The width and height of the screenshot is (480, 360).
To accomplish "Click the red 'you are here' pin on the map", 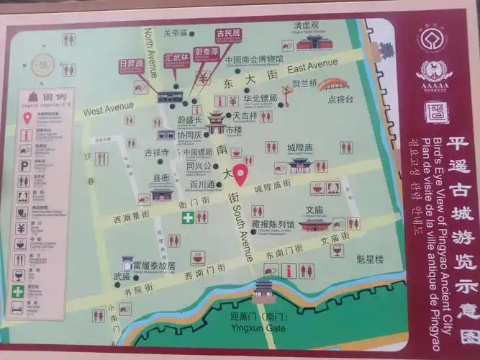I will [x=240, y=174].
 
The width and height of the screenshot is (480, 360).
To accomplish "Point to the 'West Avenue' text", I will [x=108, y=109].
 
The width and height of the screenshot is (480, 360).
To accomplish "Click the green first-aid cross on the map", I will [x=187, y=217].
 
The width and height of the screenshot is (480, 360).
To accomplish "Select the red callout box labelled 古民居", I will [x=229, y=34].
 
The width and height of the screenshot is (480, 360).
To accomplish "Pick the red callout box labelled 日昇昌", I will [x=132, y=65].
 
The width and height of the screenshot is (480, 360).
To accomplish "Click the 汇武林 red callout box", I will [x=176, y=57].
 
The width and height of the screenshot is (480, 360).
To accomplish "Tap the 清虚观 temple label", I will [x=306, y=25].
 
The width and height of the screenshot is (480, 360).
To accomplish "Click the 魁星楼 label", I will [x=371, y=258].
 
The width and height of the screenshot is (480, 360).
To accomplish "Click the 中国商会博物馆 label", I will [x=253, y=60].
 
